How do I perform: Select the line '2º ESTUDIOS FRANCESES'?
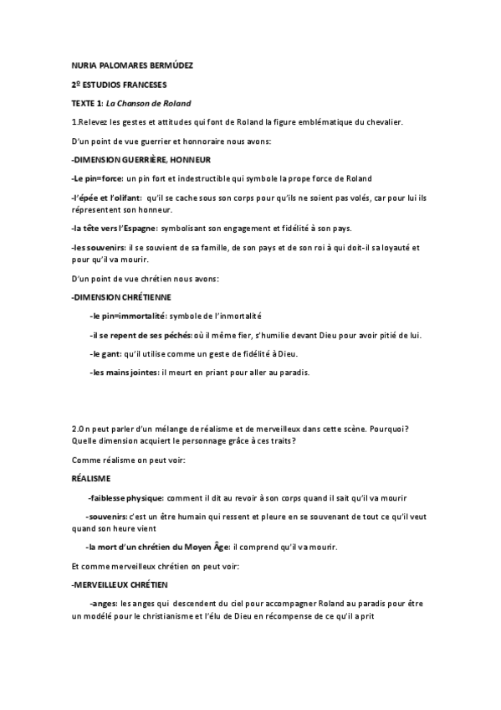pyautogui.click(x=119, y=85)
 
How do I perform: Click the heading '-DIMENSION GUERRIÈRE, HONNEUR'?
pyautogui.click(x=140, y=159)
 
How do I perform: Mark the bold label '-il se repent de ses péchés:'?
pyautogui.click(x=141, y=335)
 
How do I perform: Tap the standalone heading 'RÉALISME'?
pyautogui.click(x=91, y=477)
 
